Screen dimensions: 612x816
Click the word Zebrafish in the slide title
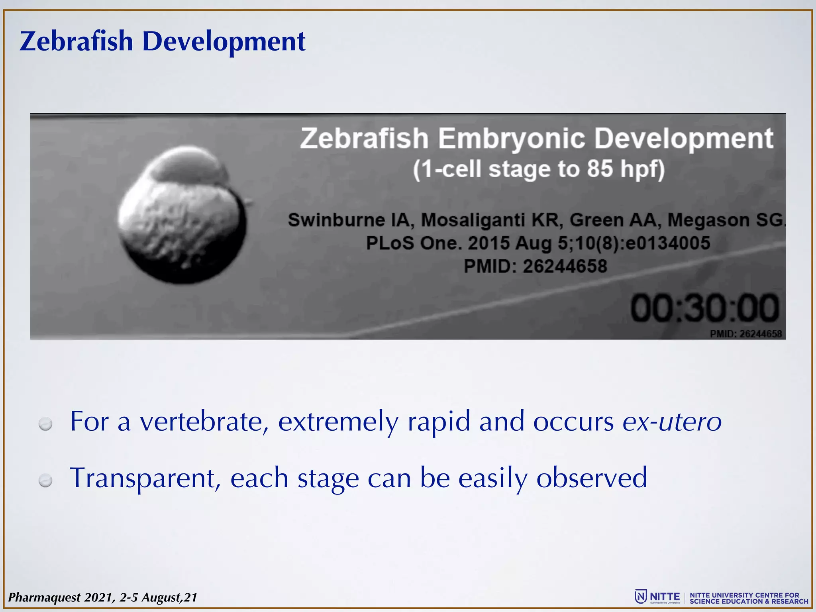76,41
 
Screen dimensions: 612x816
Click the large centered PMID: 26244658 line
535,266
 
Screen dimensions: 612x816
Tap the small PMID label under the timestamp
745,334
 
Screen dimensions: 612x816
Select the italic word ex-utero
672,422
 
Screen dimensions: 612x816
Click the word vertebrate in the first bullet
203,422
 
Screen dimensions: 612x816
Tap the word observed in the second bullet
591,478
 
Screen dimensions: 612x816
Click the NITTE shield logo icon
641,596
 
